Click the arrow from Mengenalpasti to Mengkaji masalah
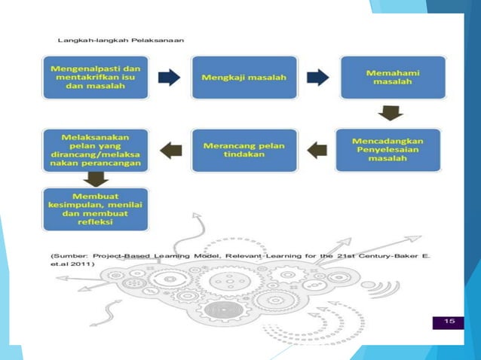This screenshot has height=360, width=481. [170, 77]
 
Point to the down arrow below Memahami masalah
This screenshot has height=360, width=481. [390, 112]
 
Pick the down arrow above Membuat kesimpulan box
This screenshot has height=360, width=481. [94, 179]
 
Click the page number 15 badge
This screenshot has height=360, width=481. [449, 322]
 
